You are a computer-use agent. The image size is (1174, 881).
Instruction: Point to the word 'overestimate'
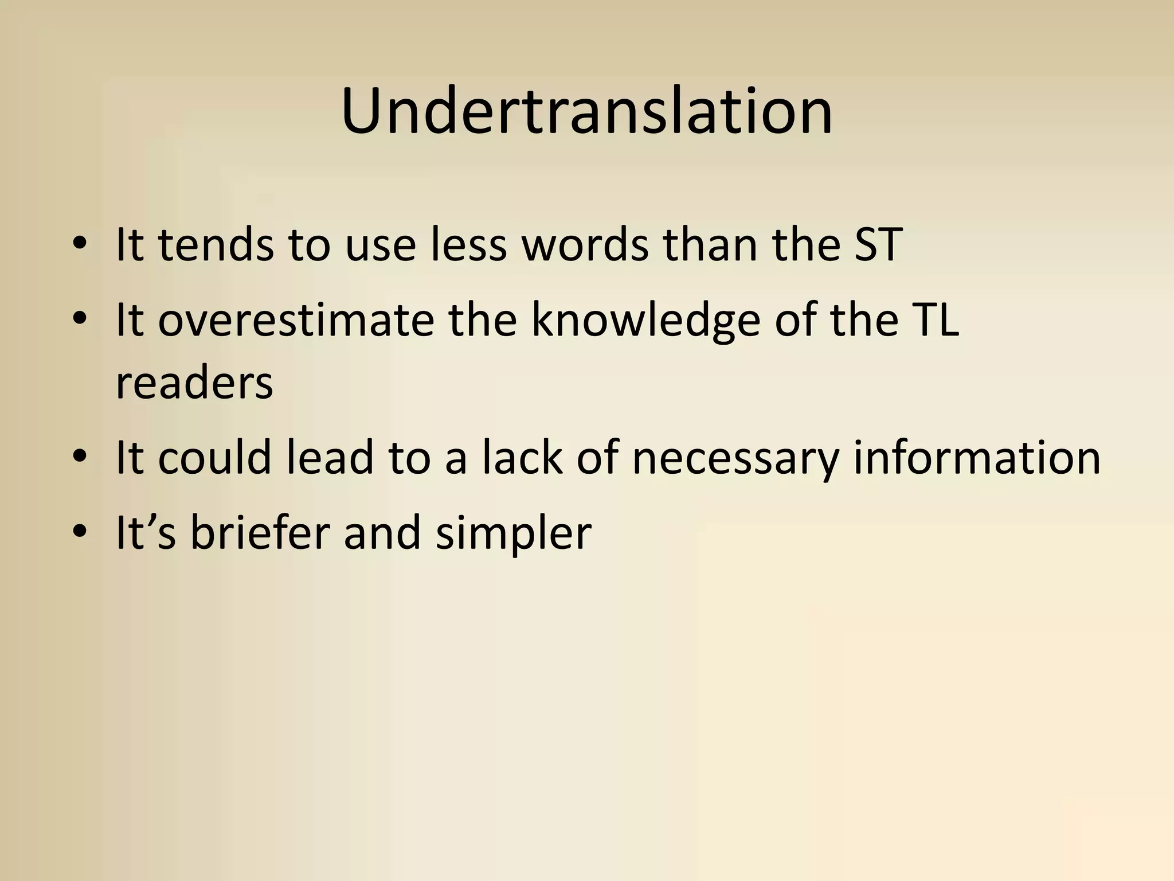(296, 319)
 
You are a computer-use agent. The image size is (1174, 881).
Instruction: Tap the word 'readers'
(194, 383)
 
